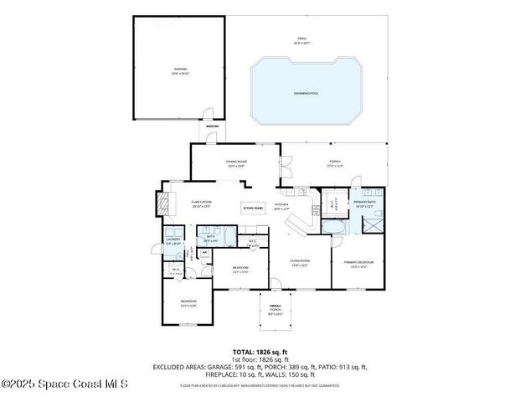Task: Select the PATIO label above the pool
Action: (301, 40)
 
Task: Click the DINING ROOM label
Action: (236, 163)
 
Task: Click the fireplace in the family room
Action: (162, 204)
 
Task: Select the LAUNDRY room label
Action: (172, 241)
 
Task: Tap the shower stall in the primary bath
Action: (372, 225)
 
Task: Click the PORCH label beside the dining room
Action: (334, 164)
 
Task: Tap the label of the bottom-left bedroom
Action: (188, 303)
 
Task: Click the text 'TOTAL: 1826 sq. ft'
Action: (260, 351)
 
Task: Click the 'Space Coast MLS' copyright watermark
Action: (64, 384)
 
